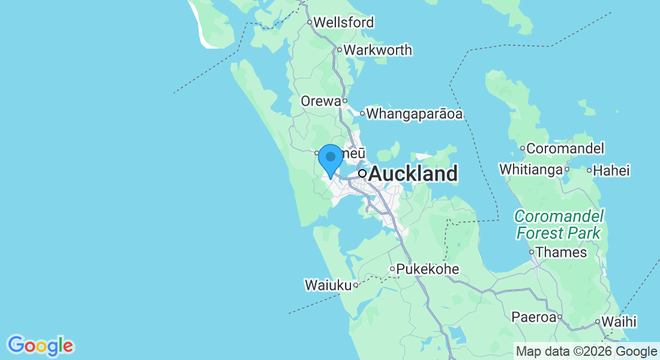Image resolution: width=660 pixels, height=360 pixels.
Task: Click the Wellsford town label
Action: coord(344,23)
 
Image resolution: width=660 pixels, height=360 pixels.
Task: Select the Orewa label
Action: coord(321,101)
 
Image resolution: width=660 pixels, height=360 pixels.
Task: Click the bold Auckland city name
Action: coord(413,174)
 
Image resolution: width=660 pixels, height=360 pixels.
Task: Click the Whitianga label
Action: coord(531,170)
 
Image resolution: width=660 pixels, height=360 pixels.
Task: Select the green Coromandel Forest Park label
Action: coord(559,224)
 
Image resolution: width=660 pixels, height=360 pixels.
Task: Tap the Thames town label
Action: coord(562,252)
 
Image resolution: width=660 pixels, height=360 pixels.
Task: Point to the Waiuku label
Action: coord(328,285)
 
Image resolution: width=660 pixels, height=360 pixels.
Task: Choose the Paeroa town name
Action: coord(533,317)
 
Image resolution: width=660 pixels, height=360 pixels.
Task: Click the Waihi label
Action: coord(619,322)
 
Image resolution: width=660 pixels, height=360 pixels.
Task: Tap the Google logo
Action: coord(41,346)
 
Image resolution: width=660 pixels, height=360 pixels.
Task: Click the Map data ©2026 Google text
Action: coord(587,352)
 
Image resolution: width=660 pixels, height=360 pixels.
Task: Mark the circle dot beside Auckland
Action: coord(362,173)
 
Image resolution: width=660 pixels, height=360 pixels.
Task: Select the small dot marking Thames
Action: coord(532,252)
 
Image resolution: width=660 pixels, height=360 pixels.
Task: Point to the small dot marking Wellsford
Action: coord(310,23)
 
